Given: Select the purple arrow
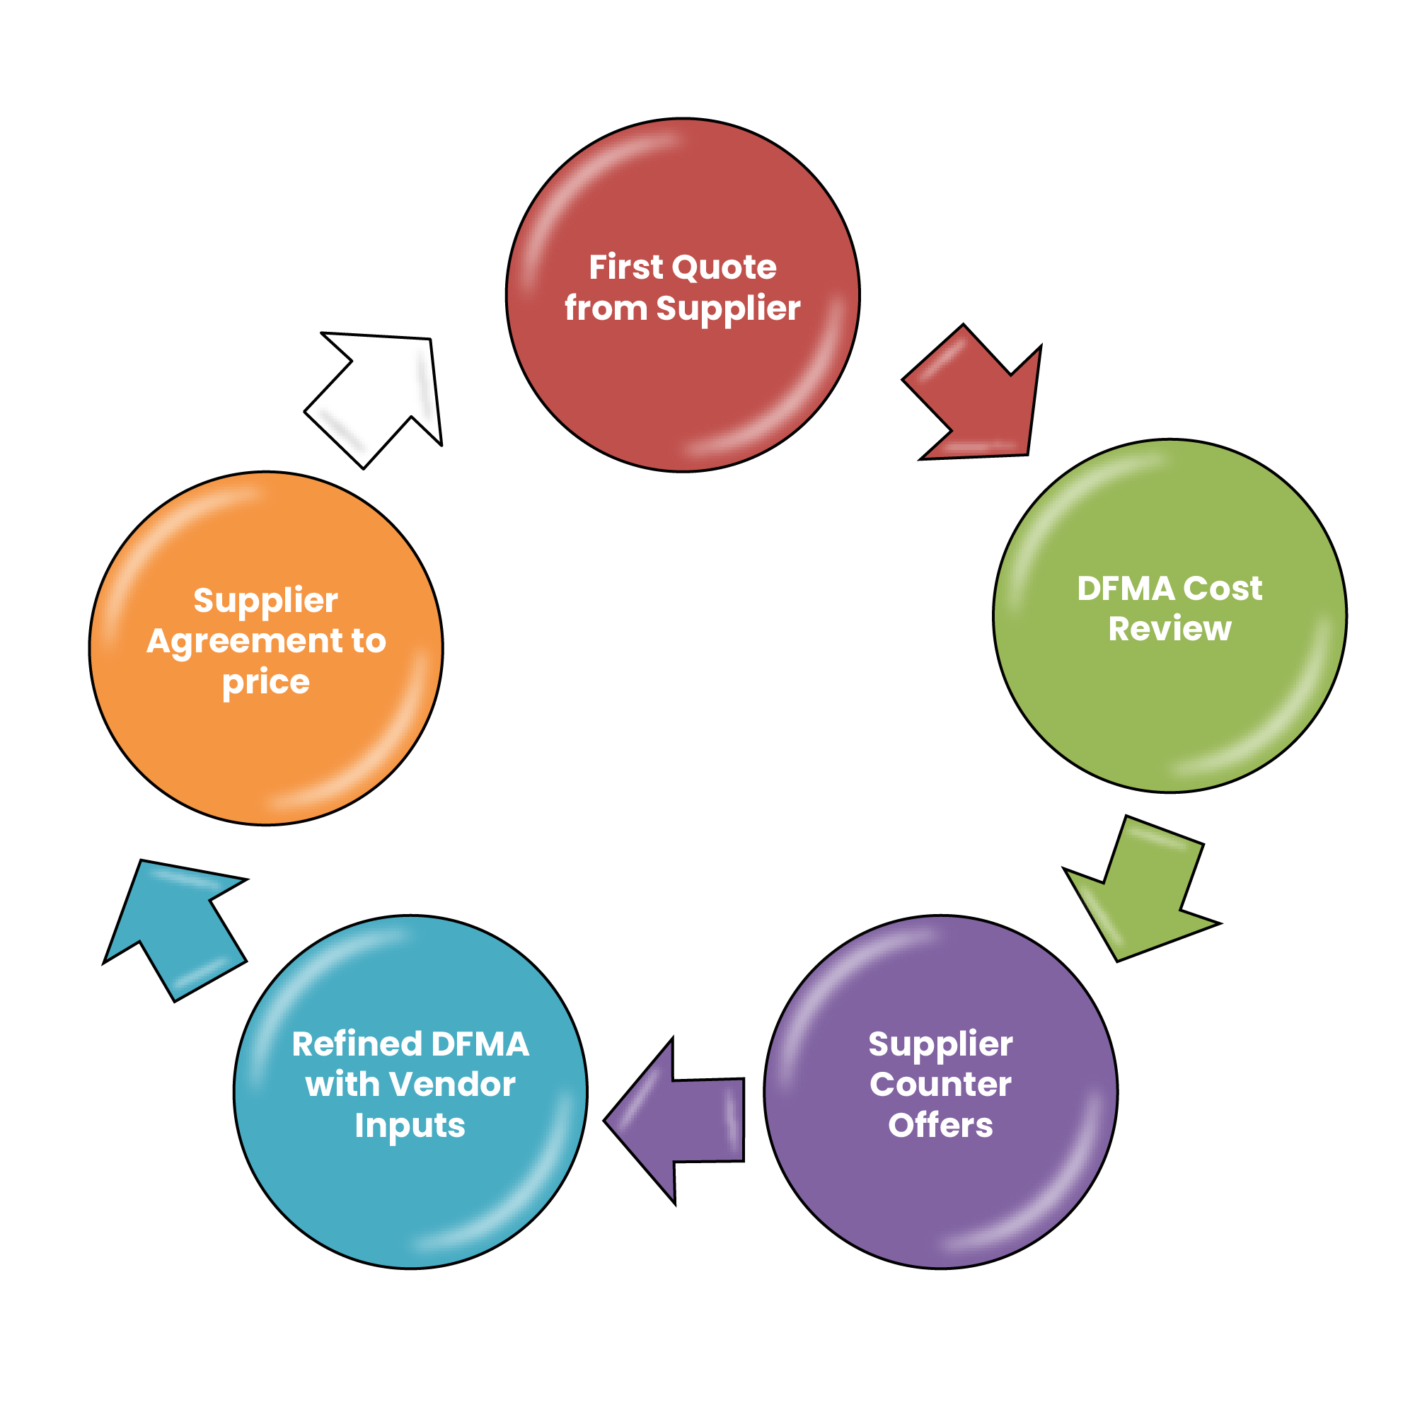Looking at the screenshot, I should click(x=681, y=1120).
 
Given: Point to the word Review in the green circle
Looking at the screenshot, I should click(x=1169, y=629).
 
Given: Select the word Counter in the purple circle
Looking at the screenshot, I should click(x=940, y=1085).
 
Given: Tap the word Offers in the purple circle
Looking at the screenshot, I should click(x=940, y=1125).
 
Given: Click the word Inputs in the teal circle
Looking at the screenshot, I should click(x=410, y=1126).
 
